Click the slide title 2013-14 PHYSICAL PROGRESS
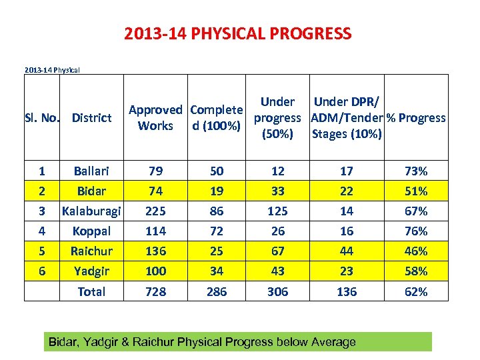(x=237, y=33)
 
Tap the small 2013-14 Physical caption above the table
(x=52, y=69)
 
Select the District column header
(x=91, y=118)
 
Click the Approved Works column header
(x=155, y=118)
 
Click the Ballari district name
(x=91, y=171)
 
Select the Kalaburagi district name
(x=91, y=211)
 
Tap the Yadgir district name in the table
(x=91, y=271)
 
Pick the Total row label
(x=91, y=291)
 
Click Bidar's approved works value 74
(x=155, y=191)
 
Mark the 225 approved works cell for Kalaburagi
(x=155, y=211)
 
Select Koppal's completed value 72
(x=217, y=231)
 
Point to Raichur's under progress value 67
(x=278, y=251)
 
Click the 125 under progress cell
(x=278, y=211)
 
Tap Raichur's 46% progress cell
(x=416, y=251)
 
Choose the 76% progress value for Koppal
(x=416, y=231)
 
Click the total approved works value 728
(x=155, y=291)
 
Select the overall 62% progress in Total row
(x=416, y=291)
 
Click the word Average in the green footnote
(x=333, y=342)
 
